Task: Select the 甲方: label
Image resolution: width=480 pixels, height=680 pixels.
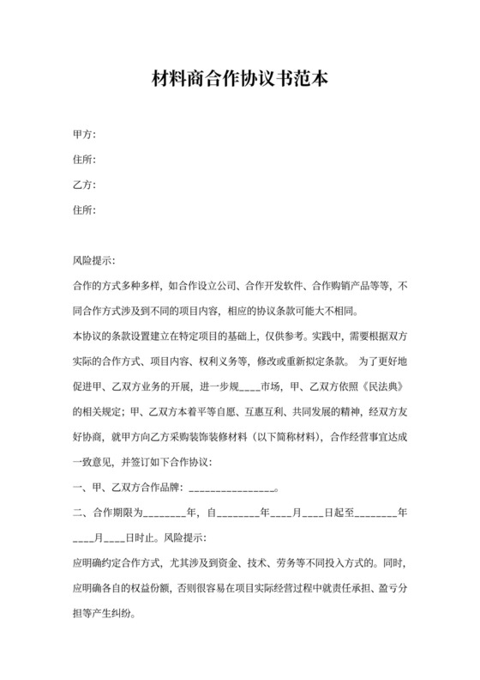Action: (x=84, y=134)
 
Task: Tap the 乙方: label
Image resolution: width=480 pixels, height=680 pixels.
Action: (x=84, y=185)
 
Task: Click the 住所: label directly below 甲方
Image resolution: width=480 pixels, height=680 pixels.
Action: (x=84, y=159)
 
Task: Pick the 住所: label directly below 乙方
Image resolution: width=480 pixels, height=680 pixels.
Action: (x=84, y=209)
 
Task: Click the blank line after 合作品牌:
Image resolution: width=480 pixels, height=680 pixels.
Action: (x=229, y=489)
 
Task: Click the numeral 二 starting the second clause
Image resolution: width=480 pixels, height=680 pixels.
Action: (x=78, y=514)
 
